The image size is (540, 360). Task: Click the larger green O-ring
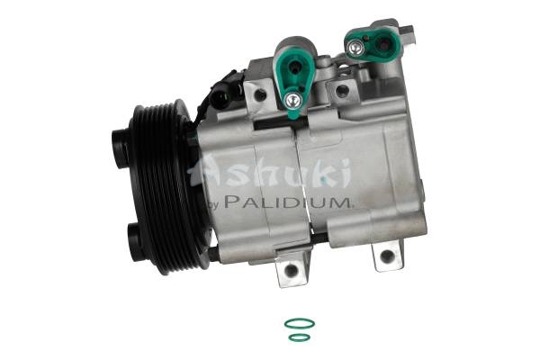300,319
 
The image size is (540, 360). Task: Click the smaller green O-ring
300,334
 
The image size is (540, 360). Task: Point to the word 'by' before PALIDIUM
213,205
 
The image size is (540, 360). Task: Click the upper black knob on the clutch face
121,148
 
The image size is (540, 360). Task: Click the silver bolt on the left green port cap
293,100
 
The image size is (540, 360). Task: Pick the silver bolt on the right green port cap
355,48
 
